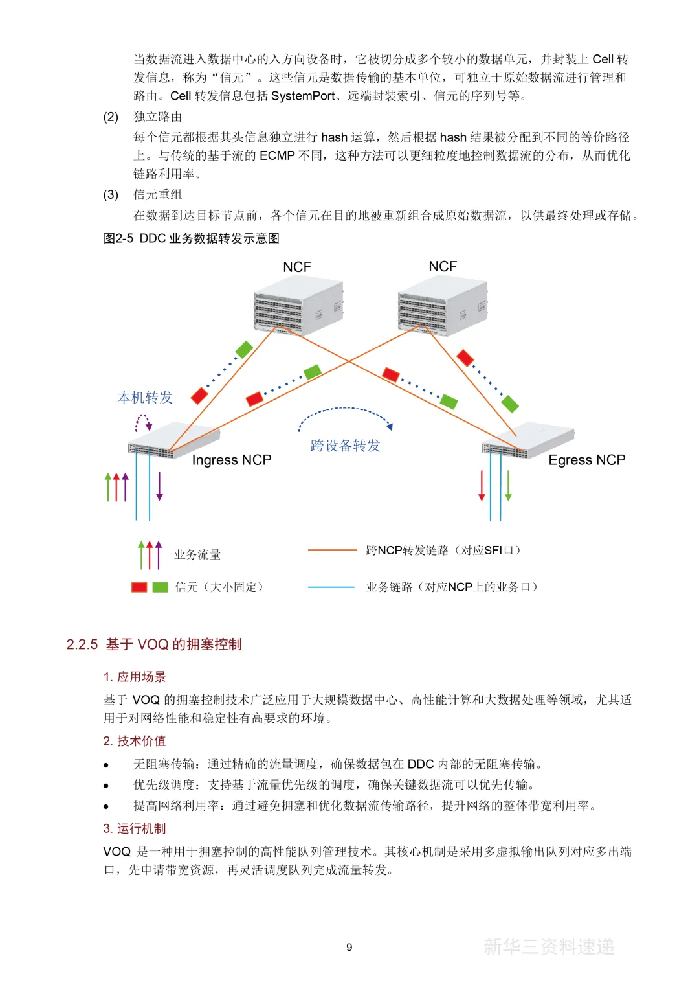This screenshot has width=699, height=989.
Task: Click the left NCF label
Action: point(297,267)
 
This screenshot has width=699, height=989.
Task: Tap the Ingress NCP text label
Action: point(231,460)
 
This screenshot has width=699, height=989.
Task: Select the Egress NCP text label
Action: point(586,460)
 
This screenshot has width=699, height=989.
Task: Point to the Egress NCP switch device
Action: point(527,440)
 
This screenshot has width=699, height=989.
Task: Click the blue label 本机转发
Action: point(145,397)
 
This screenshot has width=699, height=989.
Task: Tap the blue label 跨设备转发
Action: point(345,445)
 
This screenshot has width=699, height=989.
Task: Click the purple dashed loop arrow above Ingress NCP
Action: point(143,422)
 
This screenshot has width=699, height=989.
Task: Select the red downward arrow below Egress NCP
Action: point(482,485)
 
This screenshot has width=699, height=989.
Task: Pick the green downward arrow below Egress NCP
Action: point(508,485)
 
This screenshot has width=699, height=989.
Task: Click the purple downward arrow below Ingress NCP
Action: point(159,486)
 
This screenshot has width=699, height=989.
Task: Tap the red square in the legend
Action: point(139,587)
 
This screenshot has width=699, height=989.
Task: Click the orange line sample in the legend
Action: point(332,550)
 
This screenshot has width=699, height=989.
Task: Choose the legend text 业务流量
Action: point(197,554)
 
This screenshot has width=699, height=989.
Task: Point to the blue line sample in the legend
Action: point(331,587)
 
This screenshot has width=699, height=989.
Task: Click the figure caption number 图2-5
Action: point(118,238)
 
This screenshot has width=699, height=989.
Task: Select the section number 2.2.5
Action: point(82,644)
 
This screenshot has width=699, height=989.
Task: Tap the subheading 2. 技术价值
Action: point(135,741)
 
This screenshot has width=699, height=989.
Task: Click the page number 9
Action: point(349,947)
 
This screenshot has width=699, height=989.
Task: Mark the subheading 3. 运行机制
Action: point(135,828)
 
